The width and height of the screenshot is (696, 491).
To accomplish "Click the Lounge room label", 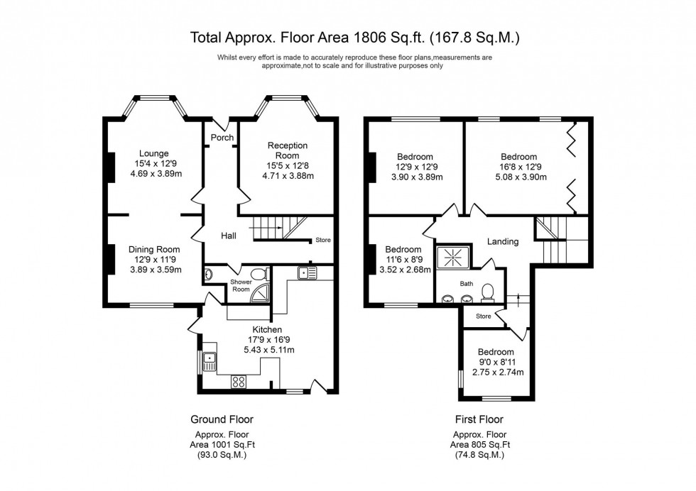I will tap(153, 153).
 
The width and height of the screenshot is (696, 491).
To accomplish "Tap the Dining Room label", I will tap(153, 249).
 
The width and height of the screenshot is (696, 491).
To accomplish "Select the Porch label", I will tap(222, 138).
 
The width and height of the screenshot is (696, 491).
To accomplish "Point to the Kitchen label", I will tap(266, 330).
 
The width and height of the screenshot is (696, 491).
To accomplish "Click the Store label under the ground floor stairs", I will tap(323, 241).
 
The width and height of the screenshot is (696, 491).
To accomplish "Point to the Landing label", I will tap(502, 241).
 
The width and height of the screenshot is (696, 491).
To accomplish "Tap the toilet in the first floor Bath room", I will tap(488, 292).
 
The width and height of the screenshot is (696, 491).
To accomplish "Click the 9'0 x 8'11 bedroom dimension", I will tap(495, 363).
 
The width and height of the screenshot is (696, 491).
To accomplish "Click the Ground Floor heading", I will tap(222, 419).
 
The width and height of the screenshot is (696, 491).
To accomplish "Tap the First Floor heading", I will tap(481, 419).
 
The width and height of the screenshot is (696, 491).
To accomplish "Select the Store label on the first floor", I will tap(484, 316).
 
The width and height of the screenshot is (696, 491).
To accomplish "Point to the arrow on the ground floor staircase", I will tap(282, 228).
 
